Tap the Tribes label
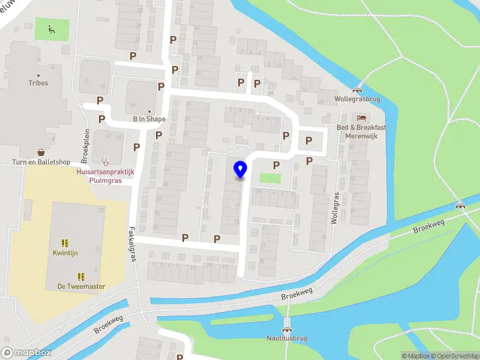pos(38,83)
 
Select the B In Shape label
pos(149,119)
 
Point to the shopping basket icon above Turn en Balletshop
pos(41,152)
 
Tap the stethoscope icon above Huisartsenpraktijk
pos(106,161)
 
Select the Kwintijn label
pos(64,253)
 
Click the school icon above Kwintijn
pos(64,243)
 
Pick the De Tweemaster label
pos(81,286)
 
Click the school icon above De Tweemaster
pos(81,276)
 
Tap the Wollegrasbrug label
pos(358,100)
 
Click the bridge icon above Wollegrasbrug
pos(358,91)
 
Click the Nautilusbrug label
pos(287,338)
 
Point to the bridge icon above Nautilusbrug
pos(287,329)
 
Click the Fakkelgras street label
pos(132,243)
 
